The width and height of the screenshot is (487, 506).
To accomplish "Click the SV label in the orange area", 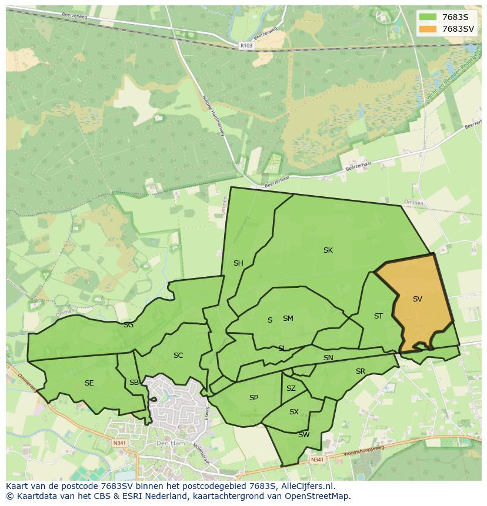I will coord(417,299).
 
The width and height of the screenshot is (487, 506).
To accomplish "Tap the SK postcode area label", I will coord(328,250).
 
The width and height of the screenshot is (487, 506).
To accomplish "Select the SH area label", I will coord(238,263).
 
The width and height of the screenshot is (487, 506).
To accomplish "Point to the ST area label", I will coord(378,316).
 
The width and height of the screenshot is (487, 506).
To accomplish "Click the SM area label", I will coord(288,319).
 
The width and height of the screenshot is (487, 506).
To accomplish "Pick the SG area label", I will coord(128,325).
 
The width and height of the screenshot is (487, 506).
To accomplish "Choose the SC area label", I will coord(178,356).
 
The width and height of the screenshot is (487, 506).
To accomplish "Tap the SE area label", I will coord(89,383).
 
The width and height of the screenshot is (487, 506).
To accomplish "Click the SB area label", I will coord(134,383).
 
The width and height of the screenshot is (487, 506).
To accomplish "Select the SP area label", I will coord(253,398).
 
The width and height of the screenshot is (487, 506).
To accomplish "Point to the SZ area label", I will coord(291,388).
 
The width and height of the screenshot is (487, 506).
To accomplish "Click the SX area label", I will coord(294,412).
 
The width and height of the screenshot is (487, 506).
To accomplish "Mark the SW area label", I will coord(303,435).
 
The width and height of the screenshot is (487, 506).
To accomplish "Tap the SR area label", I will coord(361,371).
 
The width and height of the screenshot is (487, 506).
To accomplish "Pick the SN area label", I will coord(328,358).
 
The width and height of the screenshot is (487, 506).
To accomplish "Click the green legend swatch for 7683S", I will coord(428,17).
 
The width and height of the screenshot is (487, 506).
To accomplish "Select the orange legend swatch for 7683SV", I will coord(428,29).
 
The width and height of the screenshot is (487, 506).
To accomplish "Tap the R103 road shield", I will coord(246,45).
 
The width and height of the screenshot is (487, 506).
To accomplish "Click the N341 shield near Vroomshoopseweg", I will coord(317,460).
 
